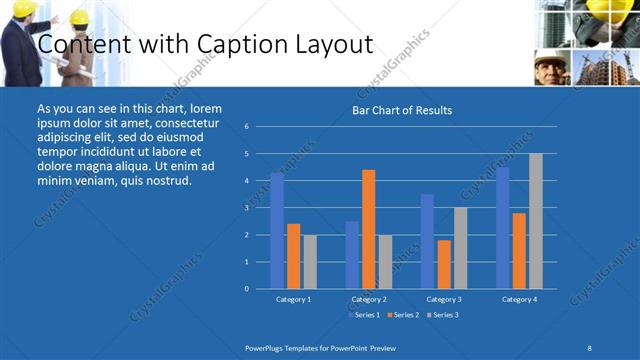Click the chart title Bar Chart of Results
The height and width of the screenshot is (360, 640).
tap(402, 110)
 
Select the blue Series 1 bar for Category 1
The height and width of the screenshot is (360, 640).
tap(277, 230)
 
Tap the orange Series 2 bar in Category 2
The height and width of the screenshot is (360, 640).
tap(368, 229)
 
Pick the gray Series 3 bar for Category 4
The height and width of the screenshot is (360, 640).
tap(536, 221)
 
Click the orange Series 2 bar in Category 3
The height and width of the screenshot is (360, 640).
tap(444, 264)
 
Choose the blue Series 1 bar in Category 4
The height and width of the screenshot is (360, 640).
tap(502, 227)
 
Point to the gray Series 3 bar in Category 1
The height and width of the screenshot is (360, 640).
tap(310, 261)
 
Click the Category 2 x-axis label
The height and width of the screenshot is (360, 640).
tap(368, 299)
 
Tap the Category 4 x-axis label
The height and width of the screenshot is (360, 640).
tap(519, 299)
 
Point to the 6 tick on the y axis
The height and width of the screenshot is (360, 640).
tap(247, 127)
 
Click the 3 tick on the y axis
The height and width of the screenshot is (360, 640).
tap(247, 208)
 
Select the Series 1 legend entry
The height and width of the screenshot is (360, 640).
tap(364, 315)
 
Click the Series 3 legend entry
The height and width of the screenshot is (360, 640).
tap(443, 315)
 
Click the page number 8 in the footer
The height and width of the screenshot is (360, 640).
tap(590, 346)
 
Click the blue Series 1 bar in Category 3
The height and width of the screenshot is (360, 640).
tap(427, 241)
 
